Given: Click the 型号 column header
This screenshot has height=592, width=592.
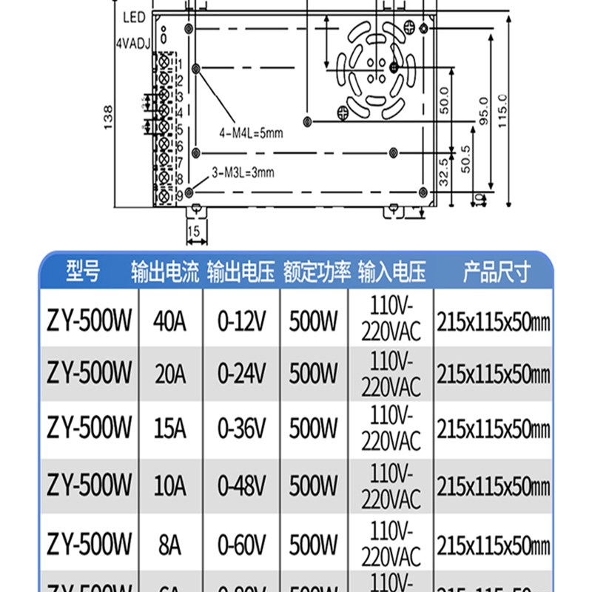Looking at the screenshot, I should (82, 272).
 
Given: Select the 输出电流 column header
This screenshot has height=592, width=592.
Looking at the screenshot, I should (165, 272).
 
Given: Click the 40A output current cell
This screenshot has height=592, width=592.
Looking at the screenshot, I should (169, 322).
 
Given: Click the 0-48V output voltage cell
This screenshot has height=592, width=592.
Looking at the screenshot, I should (241, 485).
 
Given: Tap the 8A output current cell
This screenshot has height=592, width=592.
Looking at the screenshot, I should (169, 545).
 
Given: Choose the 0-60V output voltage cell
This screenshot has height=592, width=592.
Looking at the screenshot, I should (241, 545).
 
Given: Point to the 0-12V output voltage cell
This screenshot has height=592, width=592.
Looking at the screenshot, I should (241, 322).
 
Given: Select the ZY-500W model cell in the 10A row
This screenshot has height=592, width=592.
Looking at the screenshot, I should (90, 485).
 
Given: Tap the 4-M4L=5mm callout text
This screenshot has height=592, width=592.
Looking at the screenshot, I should (251, 134).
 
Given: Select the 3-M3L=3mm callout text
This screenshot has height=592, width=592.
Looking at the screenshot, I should (243, 173).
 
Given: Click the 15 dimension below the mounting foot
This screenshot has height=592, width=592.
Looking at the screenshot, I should (194, 232).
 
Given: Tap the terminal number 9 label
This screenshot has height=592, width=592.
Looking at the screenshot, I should (179, 195).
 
